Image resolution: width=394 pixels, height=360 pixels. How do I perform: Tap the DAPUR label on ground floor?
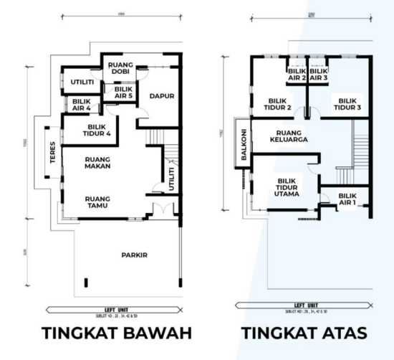162,95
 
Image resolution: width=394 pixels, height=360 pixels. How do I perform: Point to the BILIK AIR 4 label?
81,105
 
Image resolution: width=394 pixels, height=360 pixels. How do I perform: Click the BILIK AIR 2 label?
297,75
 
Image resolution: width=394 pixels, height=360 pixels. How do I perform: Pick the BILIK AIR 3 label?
319,75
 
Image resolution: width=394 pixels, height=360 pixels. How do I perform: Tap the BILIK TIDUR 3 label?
347,104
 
